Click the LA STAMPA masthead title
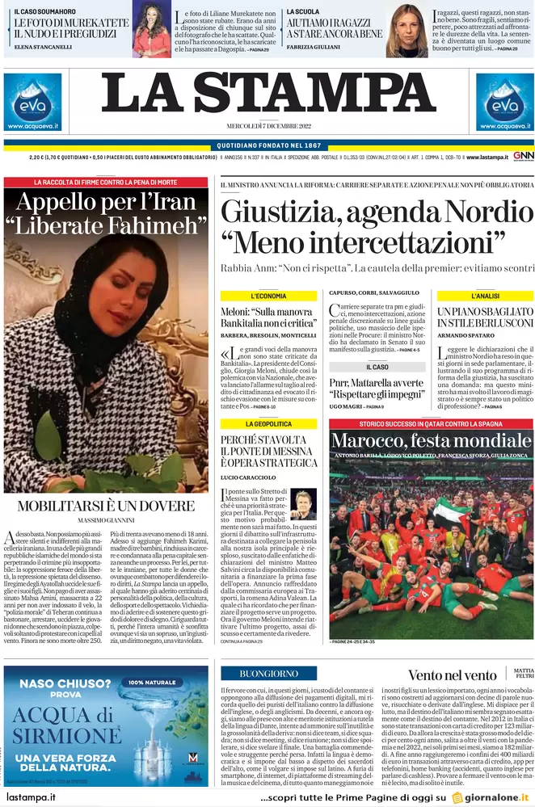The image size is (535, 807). (267, 95)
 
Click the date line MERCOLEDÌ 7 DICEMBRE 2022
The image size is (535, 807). (268, 127)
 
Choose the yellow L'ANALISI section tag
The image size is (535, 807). (485, 296)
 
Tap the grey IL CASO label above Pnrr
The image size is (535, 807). (377, 367)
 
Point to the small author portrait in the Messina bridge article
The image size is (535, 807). (303, 502)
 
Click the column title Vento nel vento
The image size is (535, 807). (452, 675)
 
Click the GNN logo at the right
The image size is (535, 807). (523, 156)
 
